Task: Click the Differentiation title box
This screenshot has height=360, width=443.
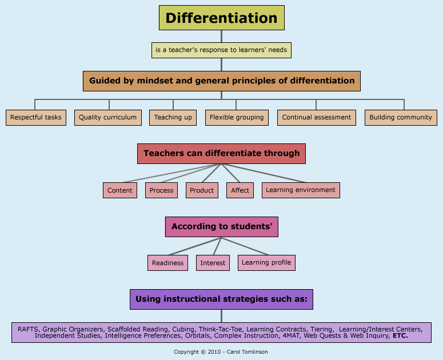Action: coord(221,18)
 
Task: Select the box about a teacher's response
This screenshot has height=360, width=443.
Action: coord(221,50)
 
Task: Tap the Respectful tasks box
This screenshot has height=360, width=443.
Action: coord(35,118)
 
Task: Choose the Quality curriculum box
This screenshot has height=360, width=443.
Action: coord(107,118)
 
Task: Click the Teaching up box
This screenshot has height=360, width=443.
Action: coord(173,118)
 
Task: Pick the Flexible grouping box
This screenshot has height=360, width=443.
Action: coord(237,118)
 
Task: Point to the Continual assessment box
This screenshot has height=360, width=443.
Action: coord(316,118)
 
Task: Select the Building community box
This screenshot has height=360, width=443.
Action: coord(401,118)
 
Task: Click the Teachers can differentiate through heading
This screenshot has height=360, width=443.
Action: coord(221,153)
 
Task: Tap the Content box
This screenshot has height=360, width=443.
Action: coord(120,190)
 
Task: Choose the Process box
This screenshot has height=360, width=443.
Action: coord(161,190)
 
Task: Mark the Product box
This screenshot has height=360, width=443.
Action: coord(202,190)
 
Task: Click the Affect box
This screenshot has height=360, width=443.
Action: coord(240,190)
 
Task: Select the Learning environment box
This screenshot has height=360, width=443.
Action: coord(301,190)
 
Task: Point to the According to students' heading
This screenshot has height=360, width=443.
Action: coord(221,227)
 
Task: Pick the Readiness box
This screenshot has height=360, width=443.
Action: coord(168,263)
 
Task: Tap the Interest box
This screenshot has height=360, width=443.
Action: coord(213,263)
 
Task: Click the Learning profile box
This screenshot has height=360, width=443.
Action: coord(266,263)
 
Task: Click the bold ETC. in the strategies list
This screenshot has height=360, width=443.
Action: coord(400,336)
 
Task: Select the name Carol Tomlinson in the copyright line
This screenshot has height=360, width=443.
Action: coord(247,352)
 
